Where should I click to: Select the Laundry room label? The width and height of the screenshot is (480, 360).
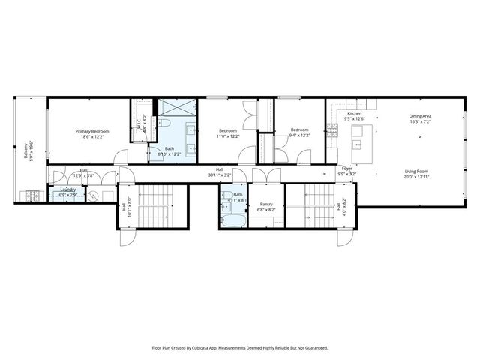click(67, 190)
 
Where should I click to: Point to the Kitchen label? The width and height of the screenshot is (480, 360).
click(354, 114)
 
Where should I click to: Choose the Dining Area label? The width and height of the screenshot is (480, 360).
click(419, 116)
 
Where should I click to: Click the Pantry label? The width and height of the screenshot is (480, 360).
click(266, 204)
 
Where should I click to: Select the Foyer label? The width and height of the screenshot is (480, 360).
click(347, 169)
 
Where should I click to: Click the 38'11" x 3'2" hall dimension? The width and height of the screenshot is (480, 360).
click(220, 176)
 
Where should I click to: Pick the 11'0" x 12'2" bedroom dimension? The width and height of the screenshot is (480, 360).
click(228, 136)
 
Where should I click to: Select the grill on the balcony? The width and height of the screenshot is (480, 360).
click(30, 196)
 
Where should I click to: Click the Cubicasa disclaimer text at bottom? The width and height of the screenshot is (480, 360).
click(239, 348)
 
